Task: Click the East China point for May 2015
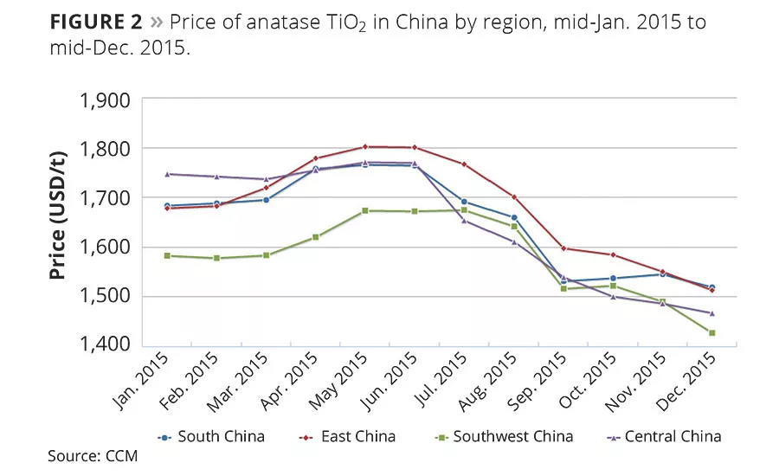[365, 147]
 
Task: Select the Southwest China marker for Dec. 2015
[712, 333]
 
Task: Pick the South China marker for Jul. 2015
[465, 202]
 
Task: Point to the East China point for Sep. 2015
[564, 248]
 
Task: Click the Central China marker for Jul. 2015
[465, 220]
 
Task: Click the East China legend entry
[350, 437]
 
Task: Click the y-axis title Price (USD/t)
[58, 222]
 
